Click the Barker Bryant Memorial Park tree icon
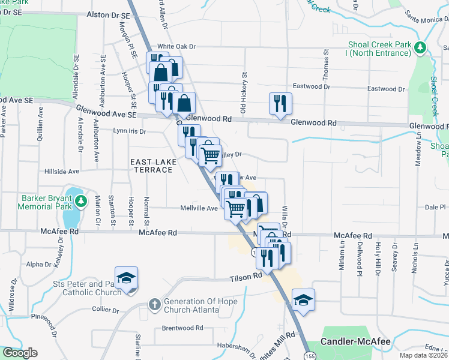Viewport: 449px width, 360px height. (86, 200)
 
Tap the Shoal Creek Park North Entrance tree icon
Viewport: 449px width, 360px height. (421, 47)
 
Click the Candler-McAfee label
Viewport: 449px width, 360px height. (355, 341)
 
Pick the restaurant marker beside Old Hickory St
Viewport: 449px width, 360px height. (280, 104)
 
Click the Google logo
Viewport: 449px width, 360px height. (20, 352)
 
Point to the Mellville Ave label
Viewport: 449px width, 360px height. (199, 208)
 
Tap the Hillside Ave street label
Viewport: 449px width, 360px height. (62, 171)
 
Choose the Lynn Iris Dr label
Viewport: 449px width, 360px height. (129, 130)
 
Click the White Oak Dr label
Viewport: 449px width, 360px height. (176, 47)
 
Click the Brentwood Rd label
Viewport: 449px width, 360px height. (182, 328)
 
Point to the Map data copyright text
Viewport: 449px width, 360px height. (423, 355)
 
